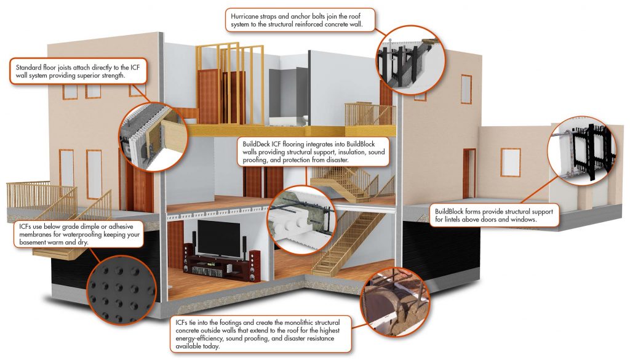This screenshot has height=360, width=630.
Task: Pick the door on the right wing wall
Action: [469, 173]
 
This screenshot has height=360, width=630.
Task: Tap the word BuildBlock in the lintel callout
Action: [453, 211]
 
